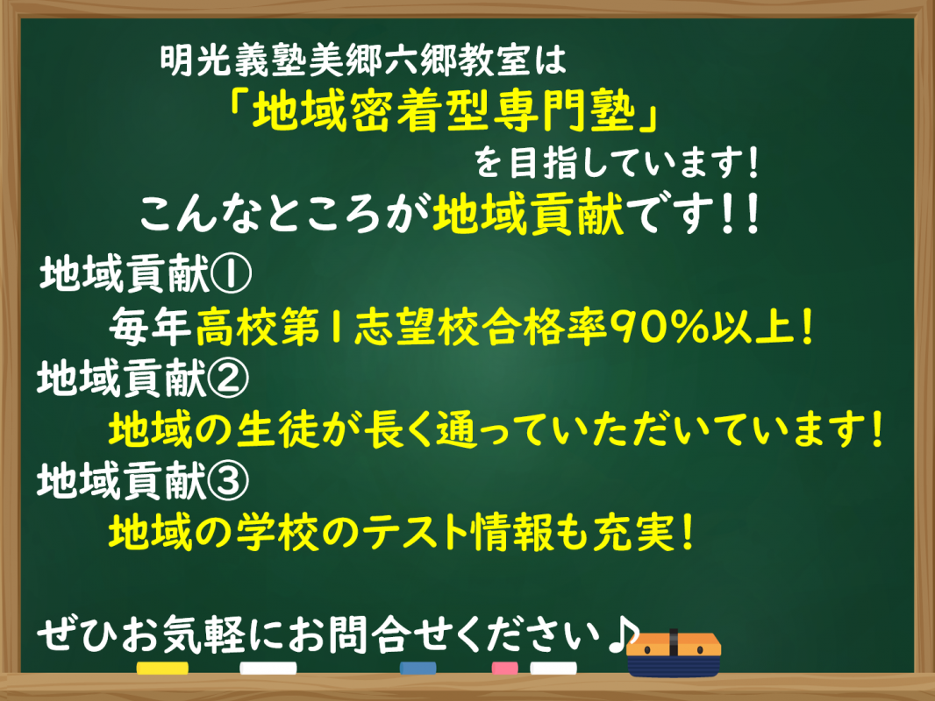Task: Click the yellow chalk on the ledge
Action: (x=162, y=669)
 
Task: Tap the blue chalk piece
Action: (x=418, y=669)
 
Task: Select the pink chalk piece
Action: (x=504, y=669)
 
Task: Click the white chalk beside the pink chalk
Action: (x=553, y=669)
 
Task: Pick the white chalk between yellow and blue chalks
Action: (x=268, y=669)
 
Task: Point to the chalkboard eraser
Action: (x=674, y=654)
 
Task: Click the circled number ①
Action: (x=231, y=274)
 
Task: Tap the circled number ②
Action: (x=228, y=379)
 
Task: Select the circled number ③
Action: (x=228, y=481)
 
